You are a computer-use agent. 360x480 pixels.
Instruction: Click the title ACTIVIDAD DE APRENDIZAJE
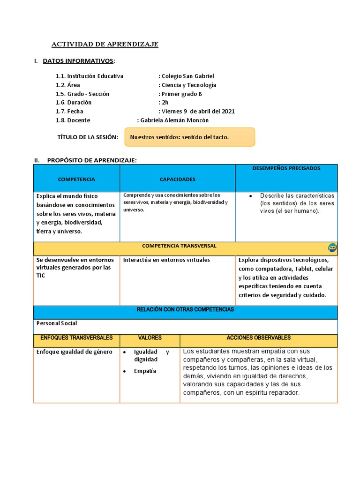(x=105, y=45)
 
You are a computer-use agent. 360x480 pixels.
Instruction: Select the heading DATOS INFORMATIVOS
(x=78, y=61)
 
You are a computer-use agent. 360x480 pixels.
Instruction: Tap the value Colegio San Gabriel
(x=187, y=76)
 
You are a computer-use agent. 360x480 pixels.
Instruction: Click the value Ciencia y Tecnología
(x=189, y=85)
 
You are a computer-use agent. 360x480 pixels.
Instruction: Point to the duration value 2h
(x=165, y=102)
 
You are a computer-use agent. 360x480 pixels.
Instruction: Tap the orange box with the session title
(x=189, y=137)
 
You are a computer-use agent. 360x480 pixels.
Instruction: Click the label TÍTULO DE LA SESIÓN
(x=87, y=137)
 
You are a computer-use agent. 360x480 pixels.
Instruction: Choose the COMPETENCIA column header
(x=76, y=180)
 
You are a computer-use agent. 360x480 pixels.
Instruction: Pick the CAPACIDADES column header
(x=177, y=180)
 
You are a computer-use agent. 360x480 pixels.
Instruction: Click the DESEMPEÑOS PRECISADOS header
(x=286, y=168)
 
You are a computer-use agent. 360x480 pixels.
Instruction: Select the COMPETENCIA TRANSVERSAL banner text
(x=179, y=246)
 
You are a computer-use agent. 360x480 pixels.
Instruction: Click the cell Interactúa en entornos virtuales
(x=166, y=260)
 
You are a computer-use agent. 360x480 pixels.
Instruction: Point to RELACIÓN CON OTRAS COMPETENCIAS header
(x=185, y=310)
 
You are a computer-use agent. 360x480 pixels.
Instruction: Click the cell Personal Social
(x=57, y=323)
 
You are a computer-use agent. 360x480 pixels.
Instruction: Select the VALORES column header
(x=150, y=338)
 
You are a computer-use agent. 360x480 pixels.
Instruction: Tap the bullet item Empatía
(x=145, y=371)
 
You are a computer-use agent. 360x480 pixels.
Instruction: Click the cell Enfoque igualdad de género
(x=74, y=352)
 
